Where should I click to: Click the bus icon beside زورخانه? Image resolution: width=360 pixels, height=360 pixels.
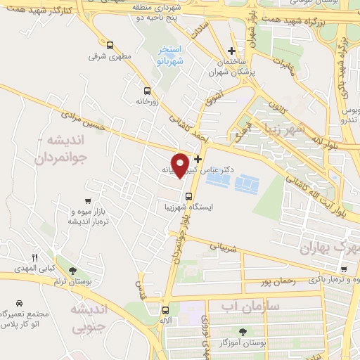[147, 91]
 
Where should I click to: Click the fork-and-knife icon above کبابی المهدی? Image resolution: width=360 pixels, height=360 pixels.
[34, 257]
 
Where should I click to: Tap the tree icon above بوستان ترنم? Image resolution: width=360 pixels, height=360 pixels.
[72, 271]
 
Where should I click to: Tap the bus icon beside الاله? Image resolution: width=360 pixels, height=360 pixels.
[165, 310]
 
